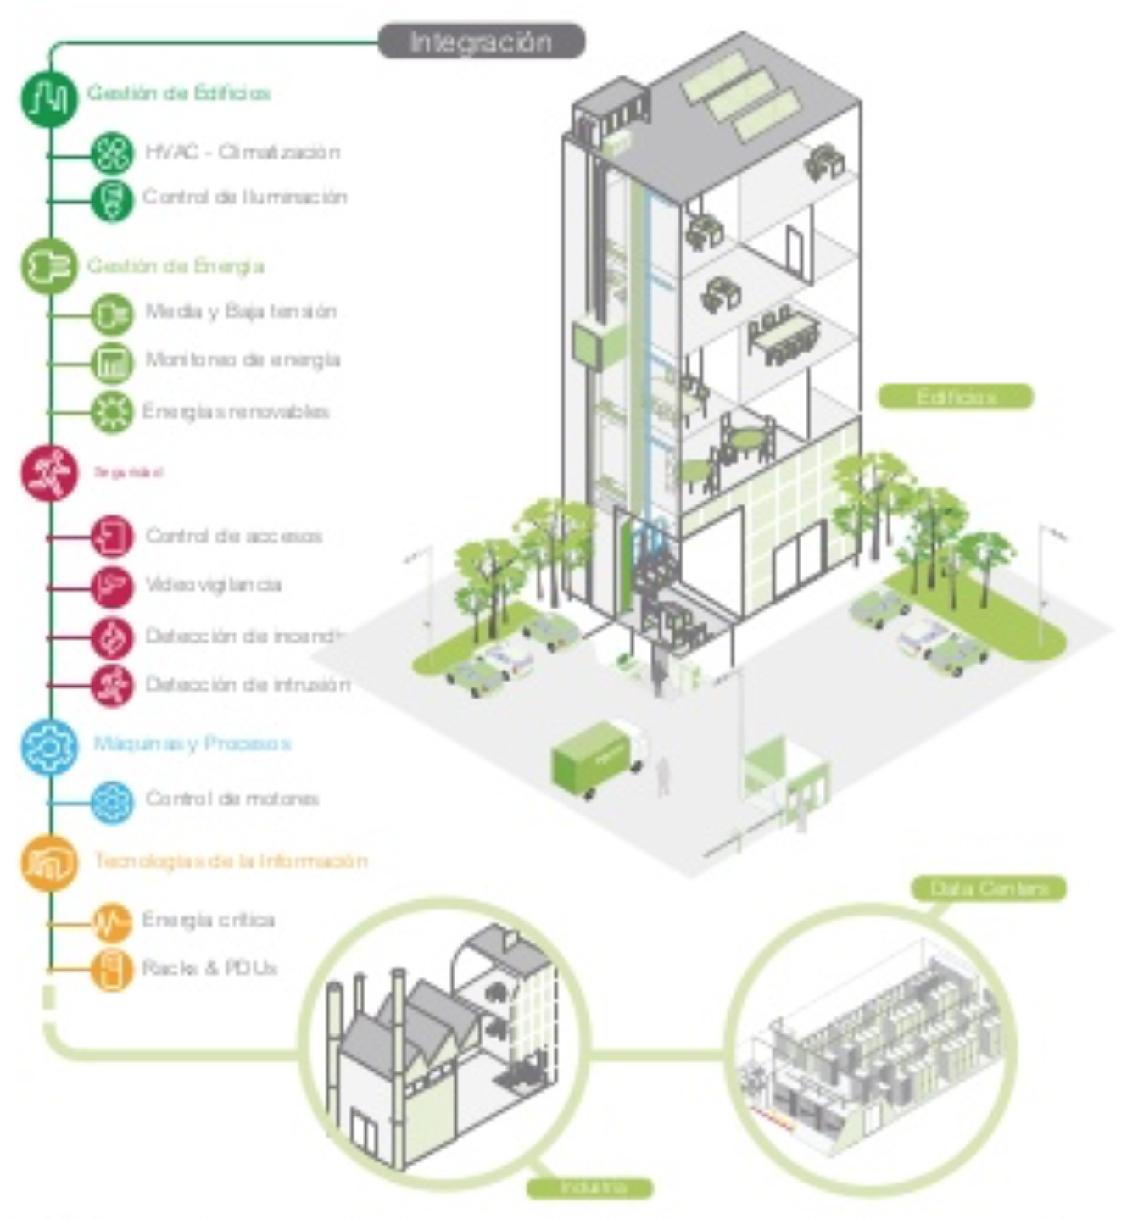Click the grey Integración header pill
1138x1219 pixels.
[x=481, y=42]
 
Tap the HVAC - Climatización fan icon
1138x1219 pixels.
[x=112, y=153]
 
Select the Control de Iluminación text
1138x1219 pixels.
[x=244, y=198]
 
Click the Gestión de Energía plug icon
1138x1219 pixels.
[x=48, y=266]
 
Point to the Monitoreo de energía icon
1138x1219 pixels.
[x=112, y=362]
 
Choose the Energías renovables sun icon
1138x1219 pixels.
[x=112, y=412]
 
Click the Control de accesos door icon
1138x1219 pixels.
[x=112, y=537]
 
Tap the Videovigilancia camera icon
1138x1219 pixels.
[x=112, y=587]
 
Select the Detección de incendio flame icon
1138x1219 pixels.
[x=112, y=637]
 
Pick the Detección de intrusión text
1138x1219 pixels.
[x=247, y=684]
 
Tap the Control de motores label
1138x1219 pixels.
[x=232, y=799]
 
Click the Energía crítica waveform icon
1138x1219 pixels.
[x=112, y=922]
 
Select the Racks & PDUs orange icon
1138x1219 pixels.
[x=112, y=969]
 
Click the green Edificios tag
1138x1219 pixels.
[x=956, y=397]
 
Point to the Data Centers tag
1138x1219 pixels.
[x=989, y=888]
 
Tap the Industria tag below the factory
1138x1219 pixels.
[x=590, y=1188]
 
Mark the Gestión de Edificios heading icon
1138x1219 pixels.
[x=48, y=98]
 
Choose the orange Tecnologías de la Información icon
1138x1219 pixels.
[x=48, y=863]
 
